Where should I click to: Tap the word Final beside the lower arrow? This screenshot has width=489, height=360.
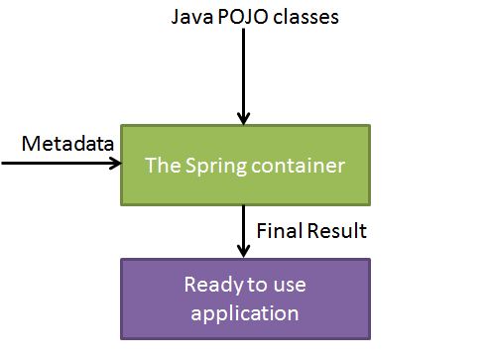coord(278,231)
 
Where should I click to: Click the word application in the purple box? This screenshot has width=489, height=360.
coord(245,314)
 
